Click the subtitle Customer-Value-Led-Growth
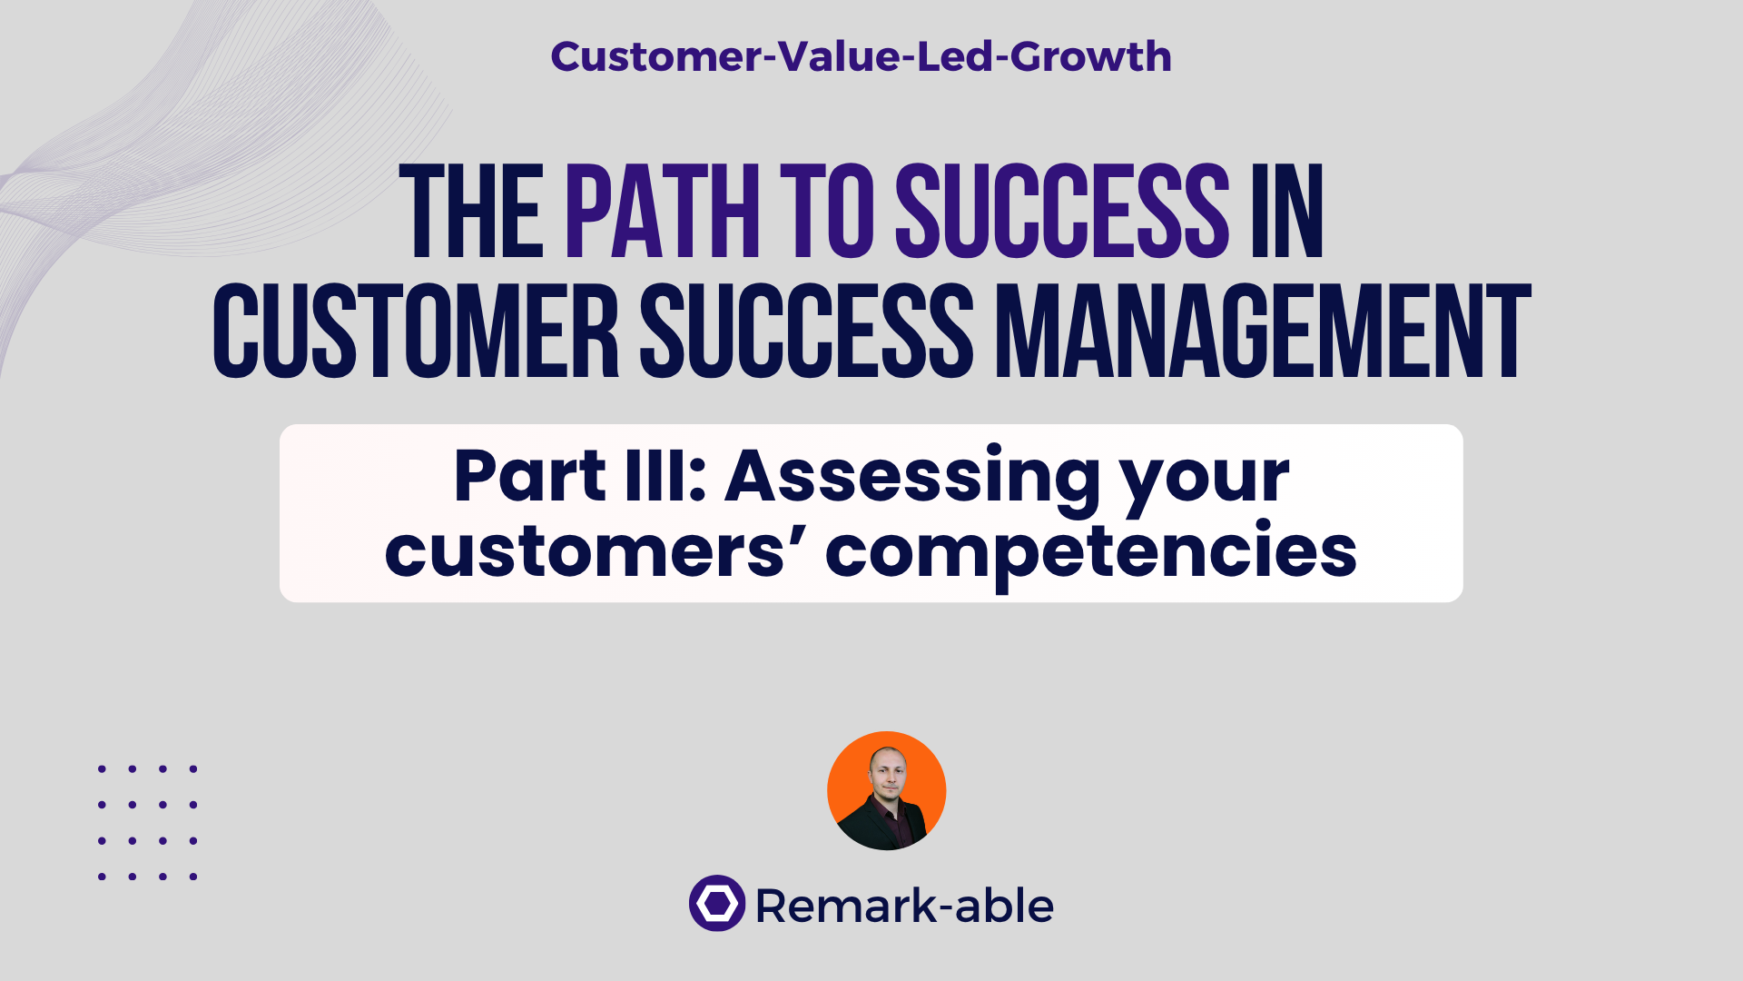[x=861, y=56]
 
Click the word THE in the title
[x=472, y=213]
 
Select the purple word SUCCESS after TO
[x=1062, y=213]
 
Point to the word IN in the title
[x=1287, y=213]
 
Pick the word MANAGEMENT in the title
[x=1263, y=332]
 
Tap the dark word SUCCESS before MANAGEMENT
[x=807, y=332]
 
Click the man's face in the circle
[x=887, y=775]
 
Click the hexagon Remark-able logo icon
[x=717, y=903]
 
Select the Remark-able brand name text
[x=904, y=906]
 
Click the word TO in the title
[x=827, y=213]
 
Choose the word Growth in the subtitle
[x=1090, y=56]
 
